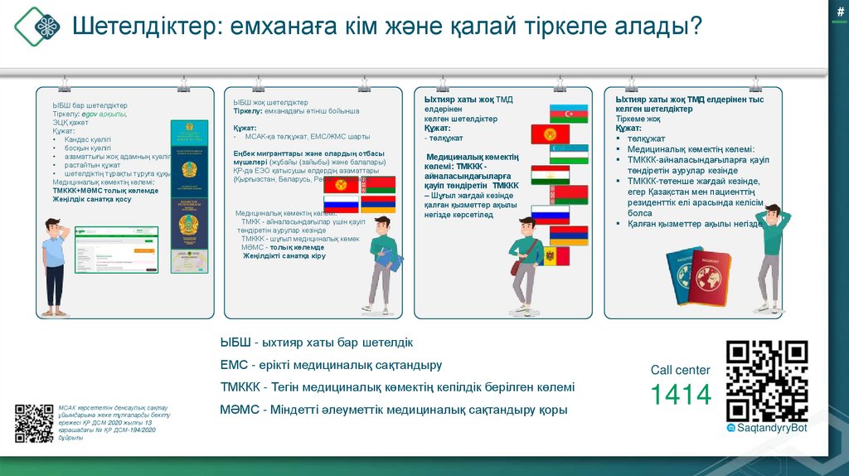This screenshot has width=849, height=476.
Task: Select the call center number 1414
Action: tap(680, 395)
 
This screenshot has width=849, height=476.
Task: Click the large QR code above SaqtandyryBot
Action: tap(766, 381)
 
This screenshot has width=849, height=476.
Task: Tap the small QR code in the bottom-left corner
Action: tap(34, 423)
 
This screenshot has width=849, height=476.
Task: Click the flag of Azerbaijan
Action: tap(569, 114)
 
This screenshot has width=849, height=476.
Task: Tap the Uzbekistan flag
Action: tap(569, 153)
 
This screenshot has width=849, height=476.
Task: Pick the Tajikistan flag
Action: tap(551, 174)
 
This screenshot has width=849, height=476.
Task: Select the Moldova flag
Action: tap(554, 255)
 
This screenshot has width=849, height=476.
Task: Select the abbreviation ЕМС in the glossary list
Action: tap(231, 365)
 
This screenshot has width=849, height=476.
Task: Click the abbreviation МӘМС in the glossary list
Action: tap(240, 410)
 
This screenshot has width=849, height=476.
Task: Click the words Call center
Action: tap(680, 370)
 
